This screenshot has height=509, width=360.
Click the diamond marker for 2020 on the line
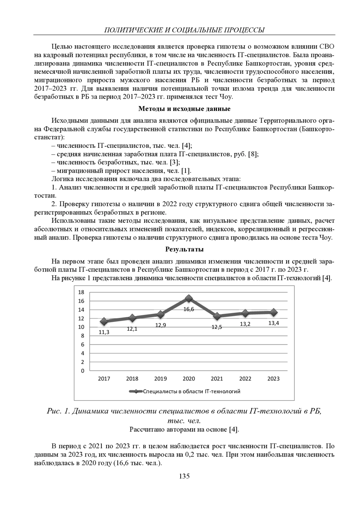click(189, 298)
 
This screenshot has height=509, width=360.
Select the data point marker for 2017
click(104, 321)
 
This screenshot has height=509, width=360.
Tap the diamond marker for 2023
click(274, 312)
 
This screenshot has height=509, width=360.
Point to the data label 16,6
click(189, 309)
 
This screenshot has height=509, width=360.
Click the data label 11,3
click(104, 332)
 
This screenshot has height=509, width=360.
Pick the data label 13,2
click(245, 324)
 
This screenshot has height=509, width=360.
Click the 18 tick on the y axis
click(81, 292)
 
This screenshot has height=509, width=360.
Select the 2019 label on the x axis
click(160, 379)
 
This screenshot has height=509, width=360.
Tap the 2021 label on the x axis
click(217, 379)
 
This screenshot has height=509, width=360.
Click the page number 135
click(184, 476)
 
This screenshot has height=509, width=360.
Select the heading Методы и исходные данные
click(184, 109)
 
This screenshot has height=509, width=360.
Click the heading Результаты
click(184, 249)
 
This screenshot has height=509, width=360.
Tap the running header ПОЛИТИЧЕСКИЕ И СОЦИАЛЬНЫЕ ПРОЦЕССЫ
click(184, 30)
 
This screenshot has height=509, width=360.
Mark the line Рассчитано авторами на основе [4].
click(184, 430)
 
